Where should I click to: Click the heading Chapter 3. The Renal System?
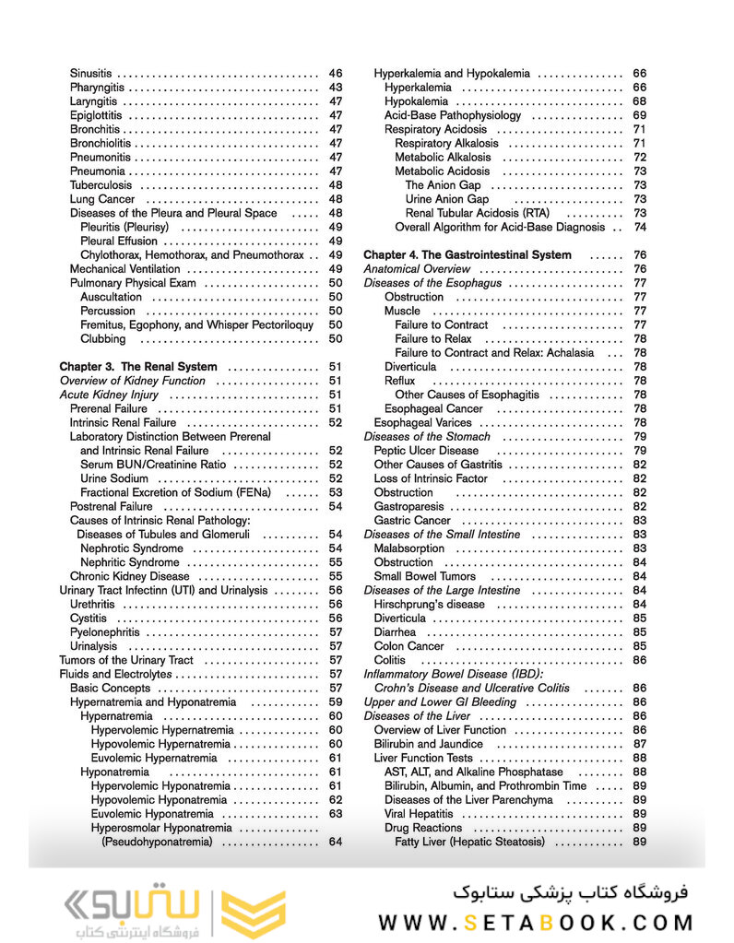tap(138, 367)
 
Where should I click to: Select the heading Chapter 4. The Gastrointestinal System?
tap(468, 254)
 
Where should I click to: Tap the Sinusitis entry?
tap(90, 73)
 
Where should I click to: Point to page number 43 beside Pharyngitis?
tap(336, 88)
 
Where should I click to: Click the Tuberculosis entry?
tap(99, 185)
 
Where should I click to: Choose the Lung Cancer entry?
tap(101, 199)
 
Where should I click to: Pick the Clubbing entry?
tap(103, 339)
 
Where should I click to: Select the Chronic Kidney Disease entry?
tap(130, 576)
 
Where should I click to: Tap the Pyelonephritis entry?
tap(104, 632)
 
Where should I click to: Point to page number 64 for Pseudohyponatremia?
tap(336, 842)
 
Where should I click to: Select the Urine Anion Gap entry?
tap(447, 199)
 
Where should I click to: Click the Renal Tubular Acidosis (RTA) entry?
tap(478, 213)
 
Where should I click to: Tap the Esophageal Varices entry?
tap(422, 422)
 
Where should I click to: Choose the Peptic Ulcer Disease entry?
tap(426, 451)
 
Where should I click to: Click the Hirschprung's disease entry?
tap(429, 604)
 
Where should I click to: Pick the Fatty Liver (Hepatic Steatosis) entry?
tap(469, 842)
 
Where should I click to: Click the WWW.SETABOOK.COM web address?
tap(536, 922)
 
